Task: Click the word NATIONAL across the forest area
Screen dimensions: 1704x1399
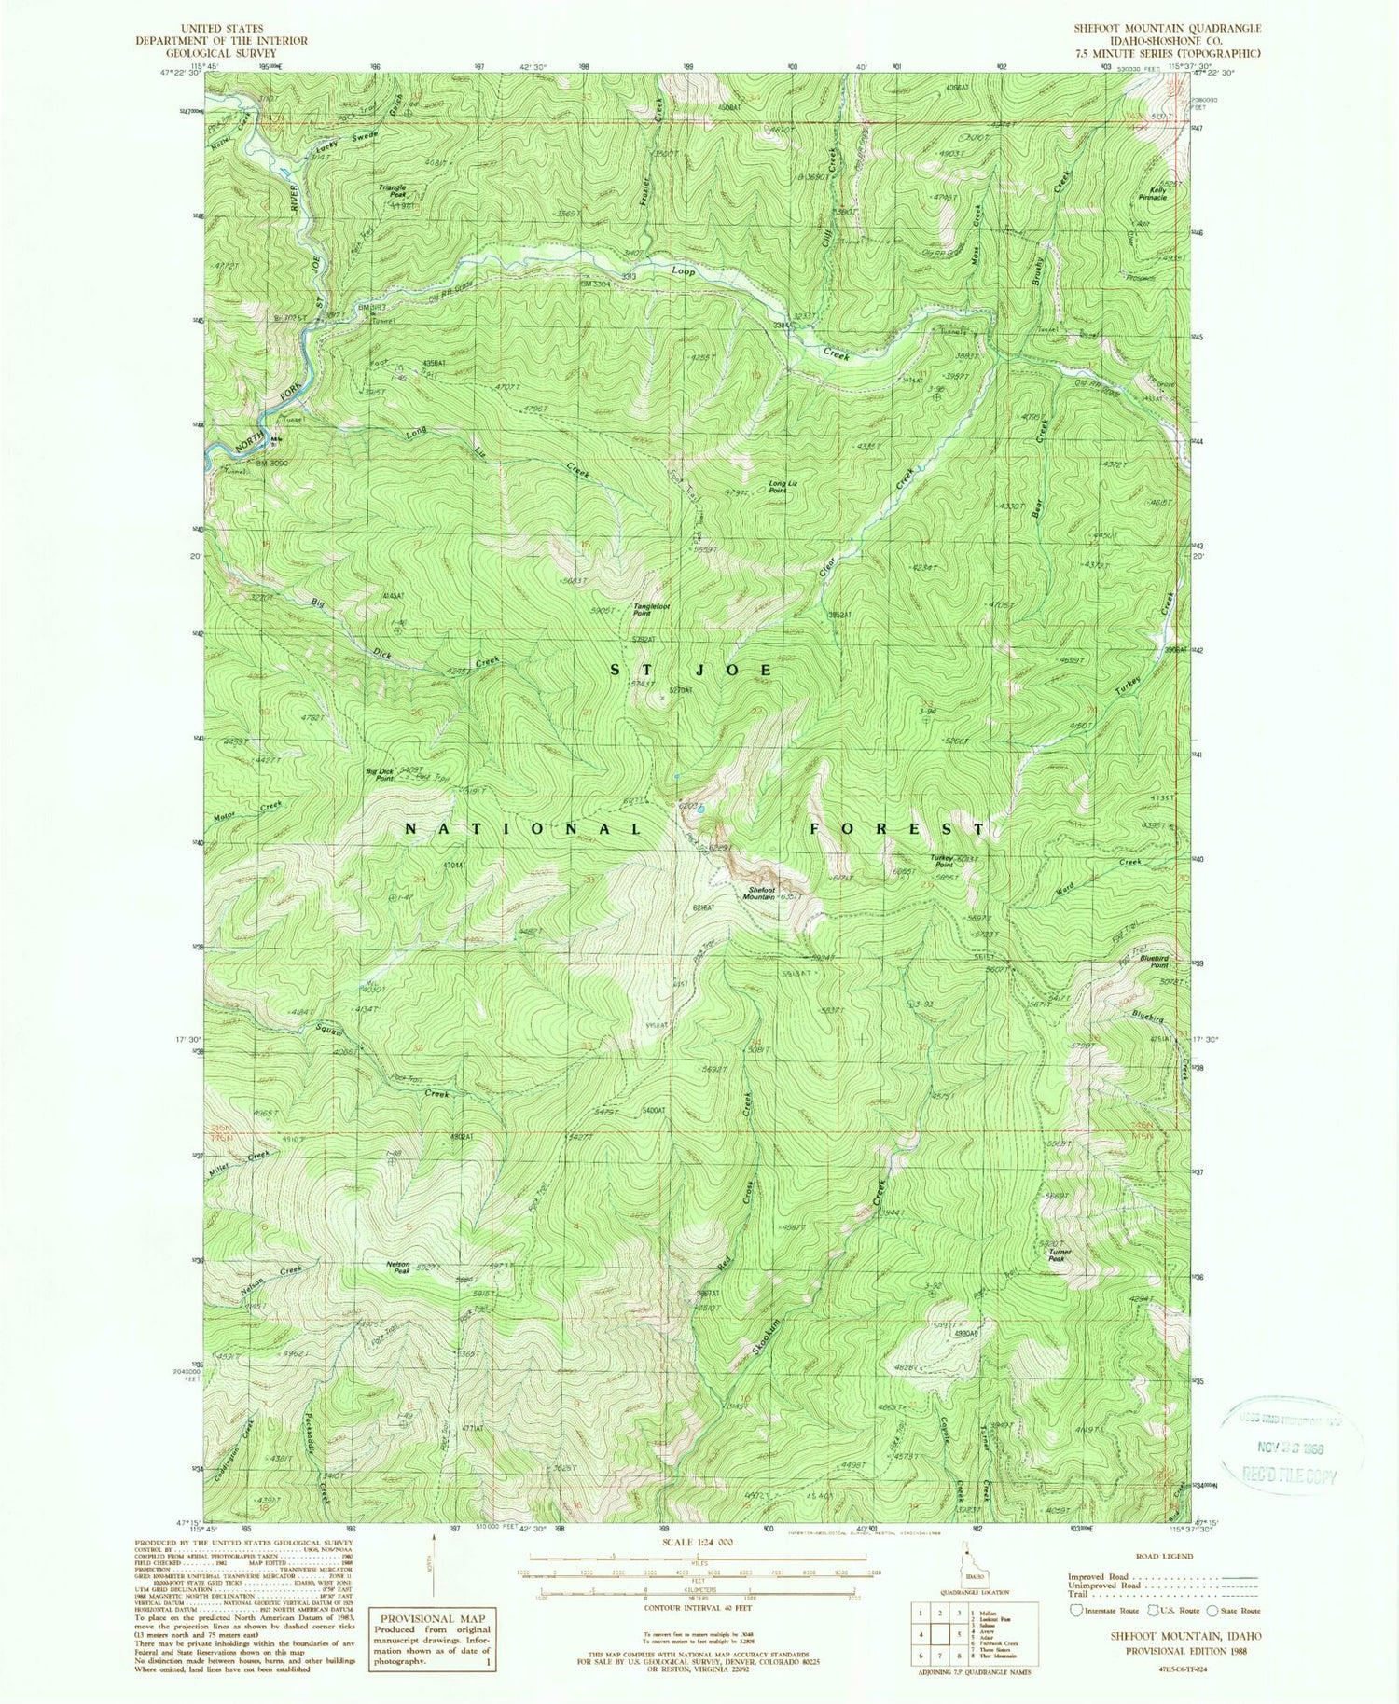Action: (522, 828)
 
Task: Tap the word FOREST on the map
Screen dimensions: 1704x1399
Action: (897, 828)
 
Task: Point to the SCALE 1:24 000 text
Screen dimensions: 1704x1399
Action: (698, 1542)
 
